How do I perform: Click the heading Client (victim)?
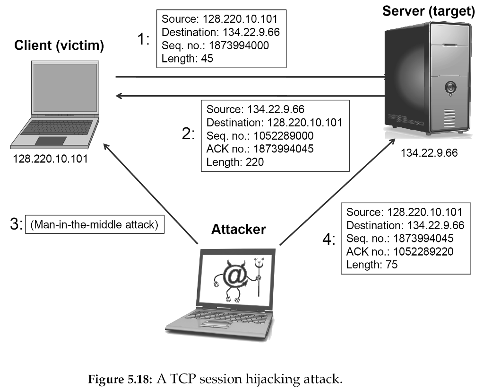[x=59, y=46]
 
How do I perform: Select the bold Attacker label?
[x=238, y=229]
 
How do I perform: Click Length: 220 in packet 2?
[x=235, y=162]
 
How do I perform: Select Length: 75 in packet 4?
[x=372, y=265]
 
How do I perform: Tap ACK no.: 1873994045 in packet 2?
[x=267, y=149]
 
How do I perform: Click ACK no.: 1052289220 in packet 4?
[x=399, y=251]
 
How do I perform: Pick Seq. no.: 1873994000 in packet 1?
[x=215, y=45]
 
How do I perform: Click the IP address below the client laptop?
[x=51, y=158]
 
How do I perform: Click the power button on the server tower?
[x=449, y=88]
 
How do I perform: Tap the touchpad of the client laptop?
[x=51, y=141]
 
